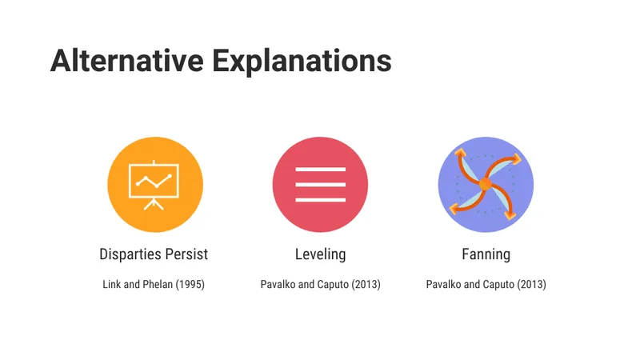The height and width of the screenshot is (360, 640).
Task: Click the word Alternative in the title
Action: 127,61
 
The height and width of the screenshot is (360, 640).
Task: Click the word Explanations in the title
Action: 302,62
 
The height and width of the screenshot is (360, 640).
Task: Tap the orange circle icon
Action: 155,185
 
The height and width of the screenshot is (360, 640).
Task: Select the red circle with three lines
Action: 321,185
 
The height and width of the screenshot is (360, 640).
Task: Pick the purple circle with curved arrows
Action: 486,185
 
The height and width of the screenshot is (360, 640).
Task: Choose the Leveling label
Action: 321,254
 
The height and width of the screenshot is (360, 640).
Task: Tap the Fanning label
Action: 486,254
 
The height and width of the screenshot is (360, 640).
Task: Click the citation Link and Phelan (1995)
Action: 154,285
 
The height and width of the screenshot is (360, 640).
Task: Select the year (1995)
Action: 190,285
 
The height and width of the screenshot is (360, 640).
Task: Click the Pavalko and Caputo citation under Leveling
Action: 321,285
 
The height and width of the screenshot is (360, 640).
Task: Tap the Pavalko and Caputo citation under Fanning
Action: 486,285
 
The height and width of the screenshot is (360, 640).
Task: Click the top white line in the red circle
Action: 321,169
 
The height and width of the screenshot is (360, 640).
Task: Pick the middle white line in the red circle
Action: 321,185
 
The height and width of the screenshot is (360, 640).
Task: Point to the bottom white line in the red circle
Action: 321,199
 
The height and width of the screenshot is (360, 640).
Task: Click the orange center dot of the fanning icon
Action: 486,184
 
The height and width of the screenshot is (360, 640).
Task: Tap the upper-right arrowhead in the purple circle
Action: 516,158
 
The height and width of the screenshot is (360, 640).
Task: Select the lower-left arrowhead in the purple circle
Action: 454,209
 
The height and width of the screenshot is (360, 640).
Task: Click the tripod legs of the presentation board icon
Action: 154,204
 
